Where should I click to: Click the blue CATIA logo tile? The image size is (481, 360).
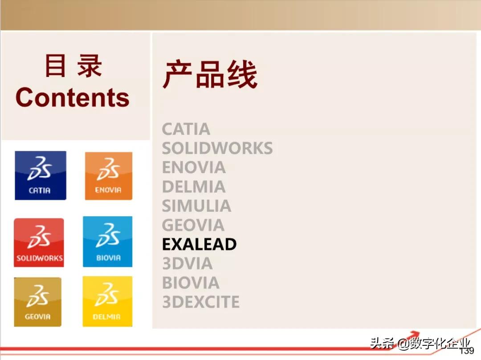41,175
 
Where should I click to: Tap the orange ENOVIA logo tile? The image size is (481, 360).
109,176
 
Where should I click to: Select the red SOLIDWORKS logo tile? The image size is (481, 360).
39,243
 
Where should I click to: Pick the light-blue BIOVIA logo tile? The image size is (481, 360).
108,242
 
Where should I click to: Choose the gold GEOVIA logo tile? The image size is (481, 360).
38,302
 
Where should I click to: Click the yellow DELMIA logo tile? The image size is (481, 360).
107,301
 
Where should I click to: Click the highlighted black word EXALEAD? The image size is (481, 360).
200,244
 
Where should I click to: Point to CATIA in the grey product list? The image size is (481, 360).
186,129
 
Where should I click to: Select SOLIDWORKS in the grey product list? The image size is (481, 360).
217,148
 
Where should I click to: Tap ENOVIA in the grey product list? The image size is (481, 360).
194,168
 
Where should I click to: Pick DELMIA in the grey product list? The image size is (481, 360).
194,187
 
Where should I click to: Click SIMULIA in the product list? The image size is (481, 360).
196,206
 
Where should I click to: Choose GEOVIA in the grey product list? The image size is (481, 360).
193,225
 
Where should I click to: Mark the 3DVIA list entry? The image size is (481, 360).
187,263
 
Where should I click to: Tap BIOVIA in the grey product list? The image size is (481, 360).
191,283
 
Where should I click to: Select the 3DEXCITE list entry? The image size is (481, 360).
200,302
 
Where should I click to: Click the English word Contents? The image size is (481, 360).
73,97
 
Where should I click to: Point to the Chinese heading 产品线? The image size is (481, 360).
210,74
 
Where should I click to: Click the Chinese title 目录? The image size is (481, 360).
73,65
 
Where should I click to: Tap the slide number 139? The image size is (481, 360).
467,351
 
